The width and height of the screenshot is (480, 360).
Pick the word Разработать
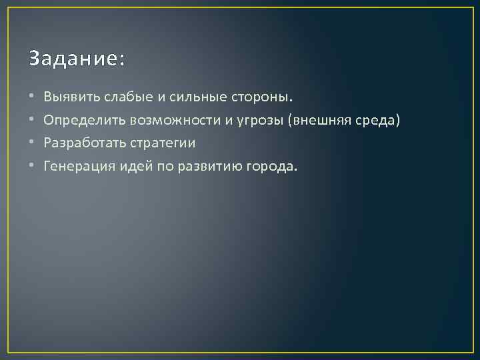pos(82,143)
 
